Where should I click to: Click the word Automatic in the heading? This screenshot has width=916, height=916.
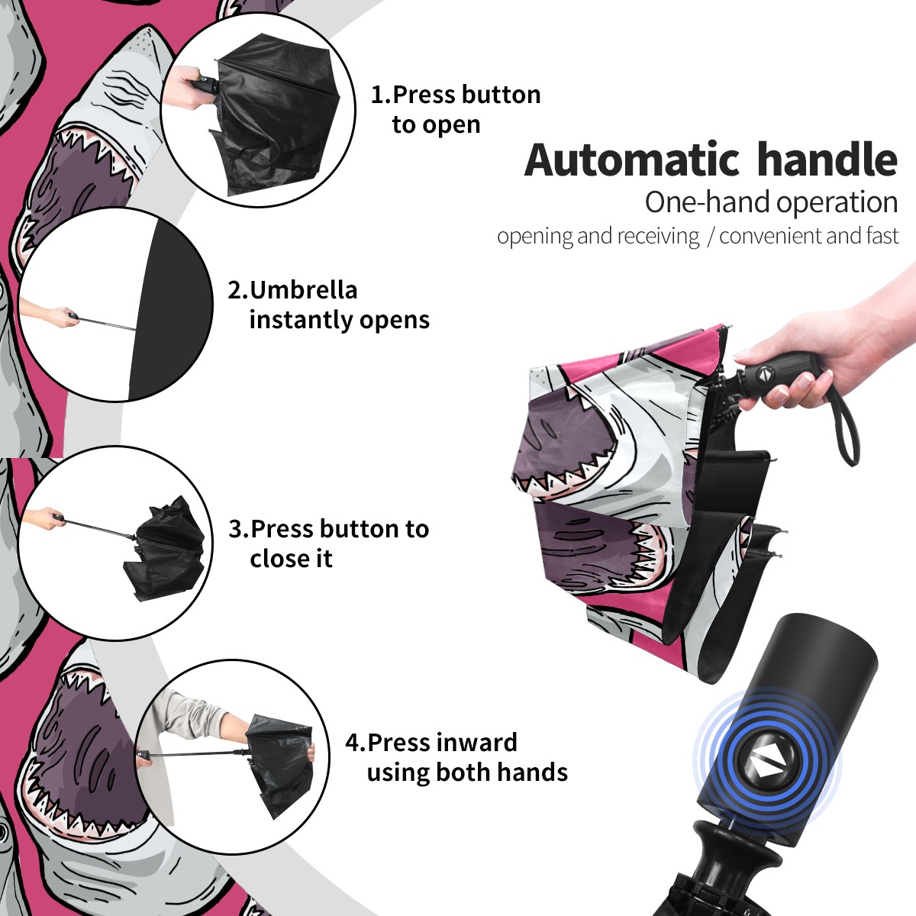(x=633, y=160)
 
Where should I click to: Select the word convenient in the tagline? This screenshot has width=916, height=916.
(x=769, y=236)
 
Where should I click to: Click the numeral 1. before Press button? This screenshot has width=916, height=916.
(x=381, y=95)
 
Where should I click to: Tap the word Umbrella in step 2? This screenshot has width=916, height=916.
(x=304, y=290)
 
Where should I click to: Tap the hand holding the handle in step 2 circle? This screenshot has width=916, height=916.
(x=53, y=314)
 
